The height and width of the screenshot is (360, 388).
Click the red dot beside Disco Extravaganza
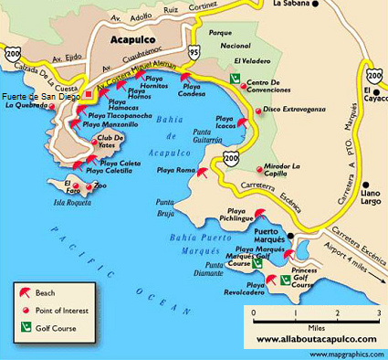pyautogui.click(x=257, y=111)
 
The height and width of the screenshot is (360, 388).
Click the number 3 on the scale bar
pyautogui.click(x=377, y=313)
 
